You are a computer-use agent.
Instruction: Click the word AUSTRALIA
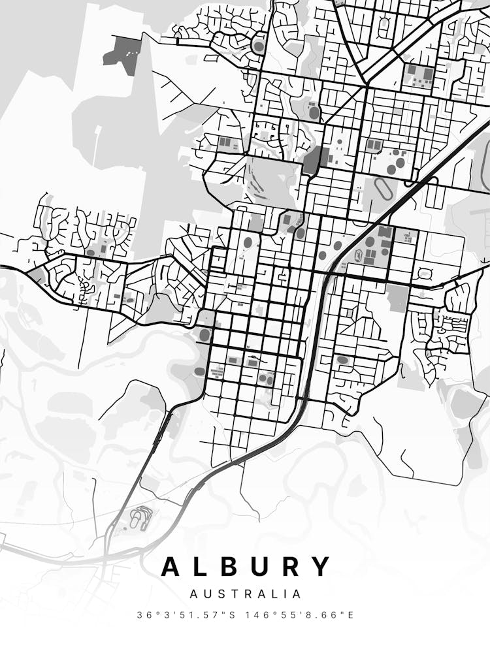246,594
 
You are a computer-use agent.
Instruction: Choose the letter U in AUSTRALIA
206,594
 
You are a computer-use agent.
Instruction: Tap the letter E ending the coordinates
351,614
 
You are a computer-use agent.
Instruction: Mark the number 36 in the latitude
143,614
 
